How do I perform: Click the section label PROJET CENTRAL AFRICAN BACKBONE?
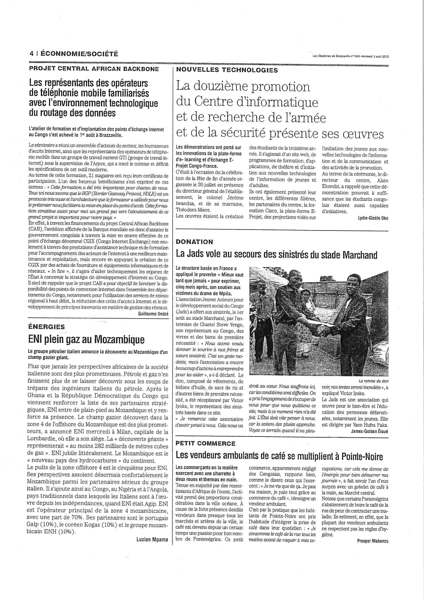[x=94, y=69]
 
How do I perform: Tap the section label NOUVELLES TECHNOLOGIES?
[x=227, y=70]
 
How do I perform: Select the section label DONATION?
[x=194, y=242]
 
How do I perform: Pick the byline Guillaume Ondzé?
[x=153, y=314]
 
